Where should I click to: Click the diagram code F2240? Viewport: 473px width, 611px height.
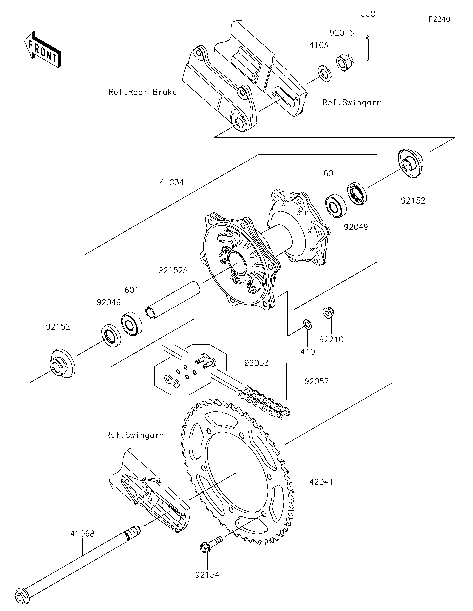point(439,19)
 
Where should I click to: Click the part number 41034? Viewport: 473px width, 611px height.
point(172,182)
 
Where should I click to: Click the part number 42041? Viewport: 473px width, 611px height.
point(321,482)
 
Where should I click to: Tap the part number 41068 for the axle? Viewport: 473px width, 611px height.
point(82,534)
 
